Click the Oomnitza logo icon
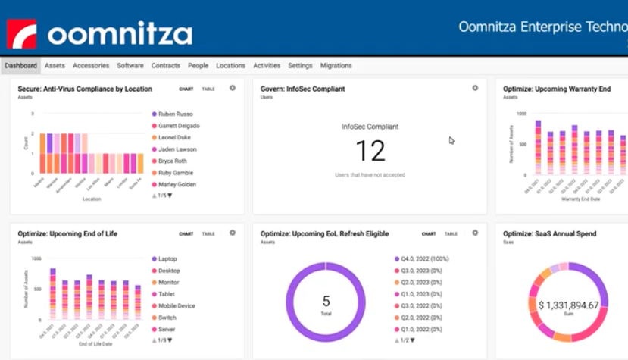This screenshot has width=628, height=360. pos(22,34)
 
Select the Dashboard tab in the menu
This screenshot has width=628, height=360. pos(20,66)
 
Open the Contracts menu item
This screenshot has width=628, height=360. pos(165,66)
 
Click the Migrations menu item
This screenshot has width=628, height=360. pos(336,66)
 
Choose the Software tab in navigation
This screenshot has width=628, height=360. pos(130,66)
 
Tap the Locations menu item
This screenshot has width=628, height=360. pos(230,66)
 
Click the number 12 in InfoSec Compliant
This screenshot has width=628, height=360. pos(370,151)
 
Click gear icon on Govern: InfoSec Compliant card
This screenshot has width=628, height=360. pos(475,88)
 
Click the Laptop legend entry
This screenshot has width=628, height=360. pos(168,259)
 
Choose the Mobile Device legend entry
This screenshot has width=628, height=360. pos(177,306)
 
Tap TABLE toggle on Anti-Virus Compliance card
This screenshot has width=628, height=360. pos(208,89)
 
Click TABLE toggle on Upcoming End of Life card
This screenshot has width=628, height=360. pos(208,234)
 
